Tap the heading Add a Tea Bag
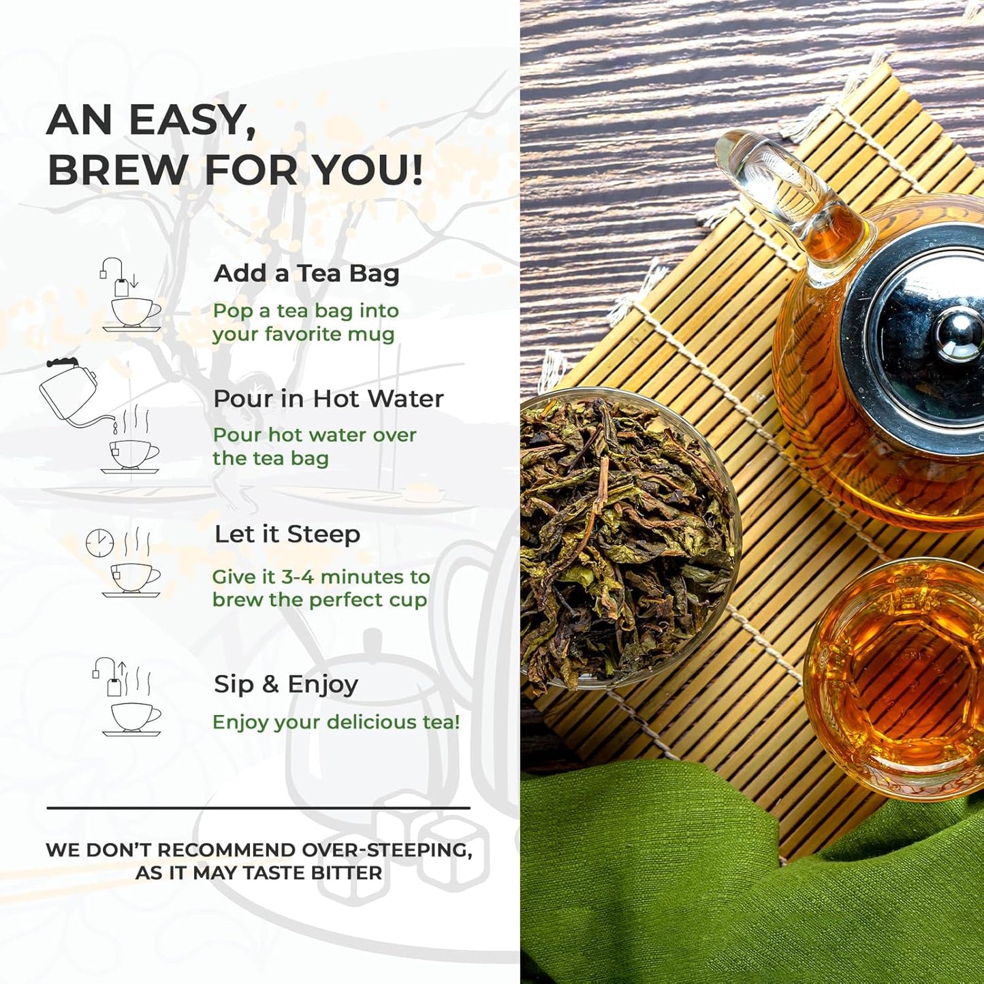click(306, 273)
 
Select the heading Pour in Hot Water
click(328, 398)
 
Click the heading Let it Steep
click(287, 535)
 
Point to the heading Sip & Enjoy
click(286, 684)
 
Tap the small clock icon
click(99, 543)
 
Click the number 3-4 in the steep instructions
click(298, 577)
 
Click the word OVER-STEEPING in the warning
click(386, 850)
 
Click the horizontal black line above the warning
click(258, 808)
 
